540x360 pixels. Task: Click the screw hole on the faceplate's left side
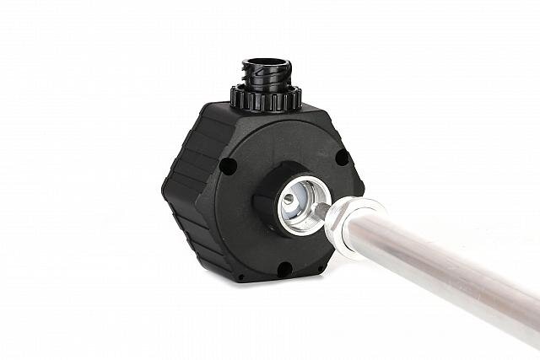click(x=228, y=166)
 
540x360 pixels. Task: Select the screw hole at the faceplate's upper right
click(x=341, y=157)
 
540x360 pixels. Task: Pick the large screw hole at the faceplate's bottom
click(x=285, y=269)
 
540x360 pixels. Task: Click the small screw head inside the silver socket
click(x=290, y=201)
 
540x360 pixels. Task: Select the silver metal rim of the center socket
click(x=283, y=221)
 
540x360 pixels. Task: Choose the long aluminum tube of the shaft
click(x=439, y=261)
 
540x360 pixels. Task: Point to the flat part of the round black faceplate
click(x=253, y=244)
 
